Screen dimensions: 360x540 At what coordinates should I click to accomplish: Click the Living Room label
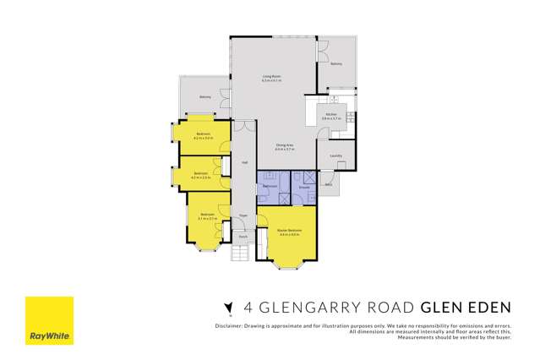pos(270,77)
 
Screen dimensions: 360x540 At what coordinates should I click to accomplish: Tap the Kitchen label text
pos(332,115)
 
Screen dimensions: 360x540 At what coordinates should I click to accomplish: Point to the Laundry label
pos(335,155)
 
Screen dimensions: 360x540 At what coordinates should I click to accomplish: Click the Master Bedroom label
pos(290,230)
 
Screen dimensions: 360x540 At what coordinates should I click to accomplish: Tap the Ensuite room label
pos(301,186)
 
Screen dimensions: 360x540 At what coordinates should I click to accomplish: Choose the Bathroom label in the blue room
pos(270,186)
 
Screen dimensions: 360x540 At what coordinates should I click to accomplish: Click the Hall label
pos(244,161)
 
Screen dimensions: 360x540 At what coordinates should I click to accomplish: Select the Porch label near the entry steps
pos(243,237)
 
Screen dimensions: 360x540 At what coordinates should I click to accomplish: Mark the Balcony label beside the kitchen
pos(335,63)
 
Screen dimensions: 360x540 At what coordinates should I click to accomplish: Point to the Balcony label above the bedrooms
pos(205,97)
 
